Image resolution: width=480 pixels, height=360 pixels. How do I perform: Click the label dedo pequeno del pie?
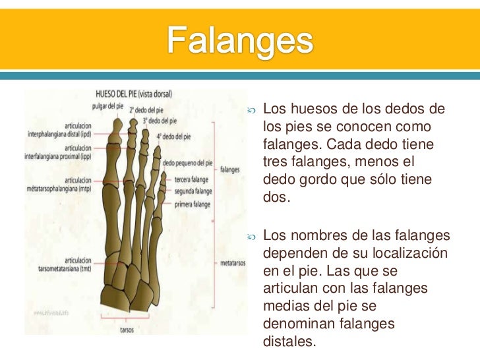[187, 162]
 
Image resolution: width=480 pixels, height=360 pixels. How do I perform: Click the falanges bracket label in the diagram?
[230, 169]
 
